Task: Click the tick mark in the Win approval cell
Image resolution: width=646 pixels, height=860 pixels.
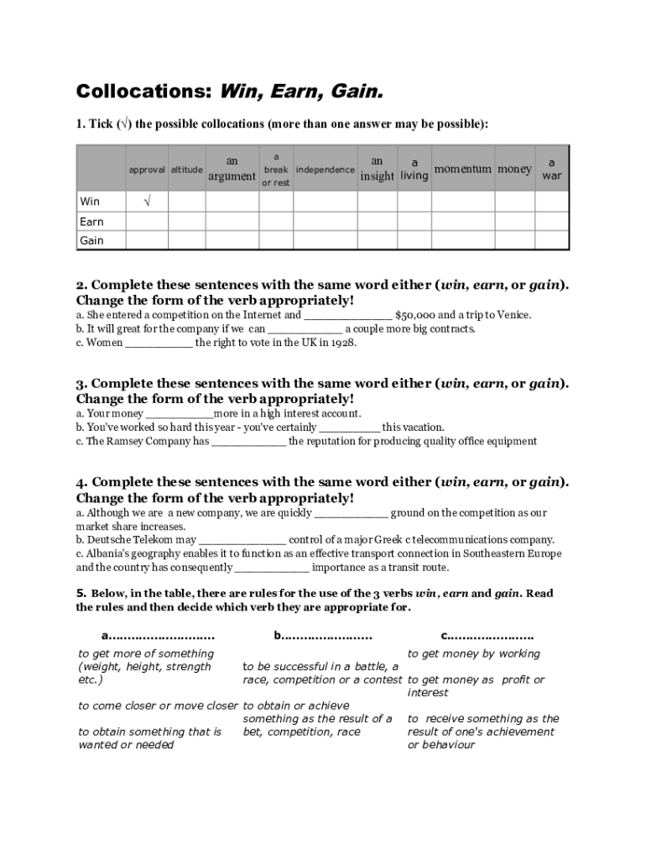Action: (147, 202)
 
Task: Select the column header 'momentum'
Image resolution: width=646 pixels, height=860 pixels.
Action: (462, 169)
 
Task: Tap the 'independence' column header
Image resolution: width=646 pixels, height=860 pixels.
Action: (325, 170)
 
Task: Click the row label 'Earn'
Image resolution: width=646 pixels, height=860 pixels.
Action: (91, 222)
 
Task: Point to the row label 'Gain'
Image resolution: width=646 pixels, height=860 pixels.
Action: (91, 241)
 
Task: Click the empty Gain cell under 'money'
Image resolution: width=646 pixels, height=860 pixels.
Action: (513, 241)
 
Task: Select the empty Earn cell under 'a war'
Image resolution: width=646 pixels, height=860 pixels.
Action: (551, 222)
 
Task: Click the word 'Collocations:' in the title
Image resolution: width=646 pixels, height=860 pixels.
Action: (144, 91)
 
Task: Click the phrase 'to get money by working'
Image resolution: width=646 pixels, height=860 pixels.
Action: (474, 653)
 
